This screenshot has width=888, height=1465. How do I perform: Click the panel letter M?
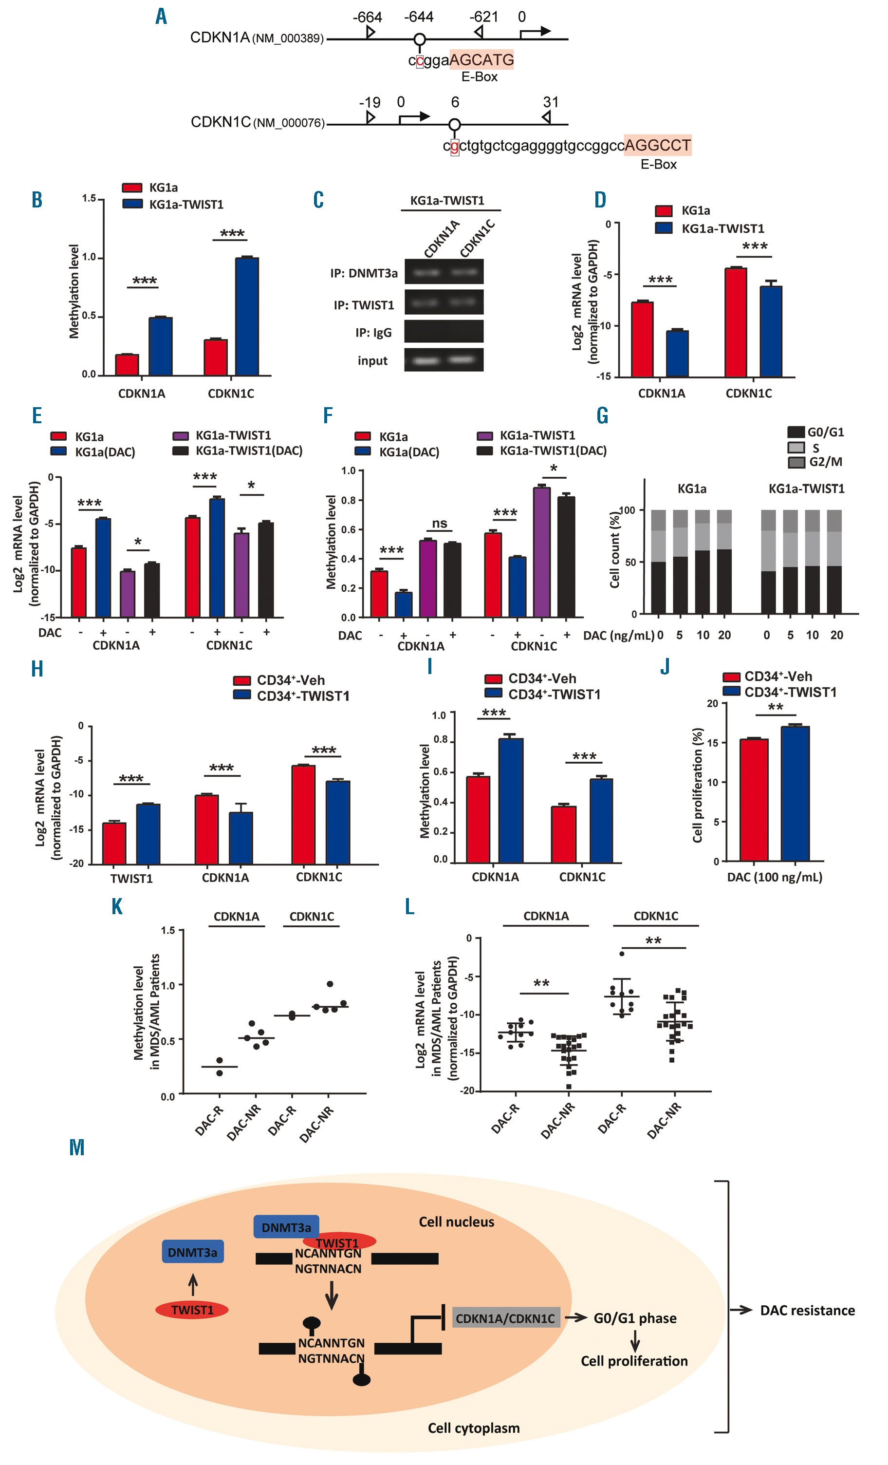coord(76,1147)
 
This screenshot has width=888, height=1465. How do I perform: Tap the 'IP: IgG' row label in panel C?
coord(373,332)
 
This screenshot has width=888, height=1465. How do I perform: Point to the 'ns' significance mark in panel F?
coord(439,523)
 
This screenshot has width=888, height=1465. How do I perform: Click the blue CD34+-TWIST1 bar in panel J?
coord(795,793)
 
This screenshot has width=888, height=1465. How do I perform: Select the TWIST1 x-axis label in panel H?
coord(131,878)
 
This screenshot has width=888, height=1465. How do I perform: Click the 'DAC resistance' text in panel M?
coord(807,1311)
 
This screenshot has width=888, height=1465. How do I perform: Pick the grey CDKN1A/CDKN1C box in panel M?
coord(506,1318)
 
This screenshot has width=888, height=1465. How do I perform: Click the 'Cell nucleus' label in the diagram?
coord(456,1222)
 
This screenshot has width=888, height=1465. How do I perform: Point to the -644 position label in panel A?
coord(419,17)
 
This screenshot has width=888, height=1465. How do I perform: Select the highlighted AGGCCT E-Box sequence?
coord(657,145)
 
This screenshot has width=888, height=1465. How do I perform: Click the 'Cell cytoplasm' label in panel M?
coord(474,1428)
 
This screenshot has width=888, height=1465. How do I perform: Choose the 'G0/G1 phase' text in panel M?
coord(635,1318)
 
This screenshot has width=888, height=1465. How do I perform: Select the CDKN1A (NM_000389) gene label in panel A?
coord(257,38)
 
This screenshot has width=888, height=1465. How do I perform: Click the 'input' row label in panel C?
coord(372,361)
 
